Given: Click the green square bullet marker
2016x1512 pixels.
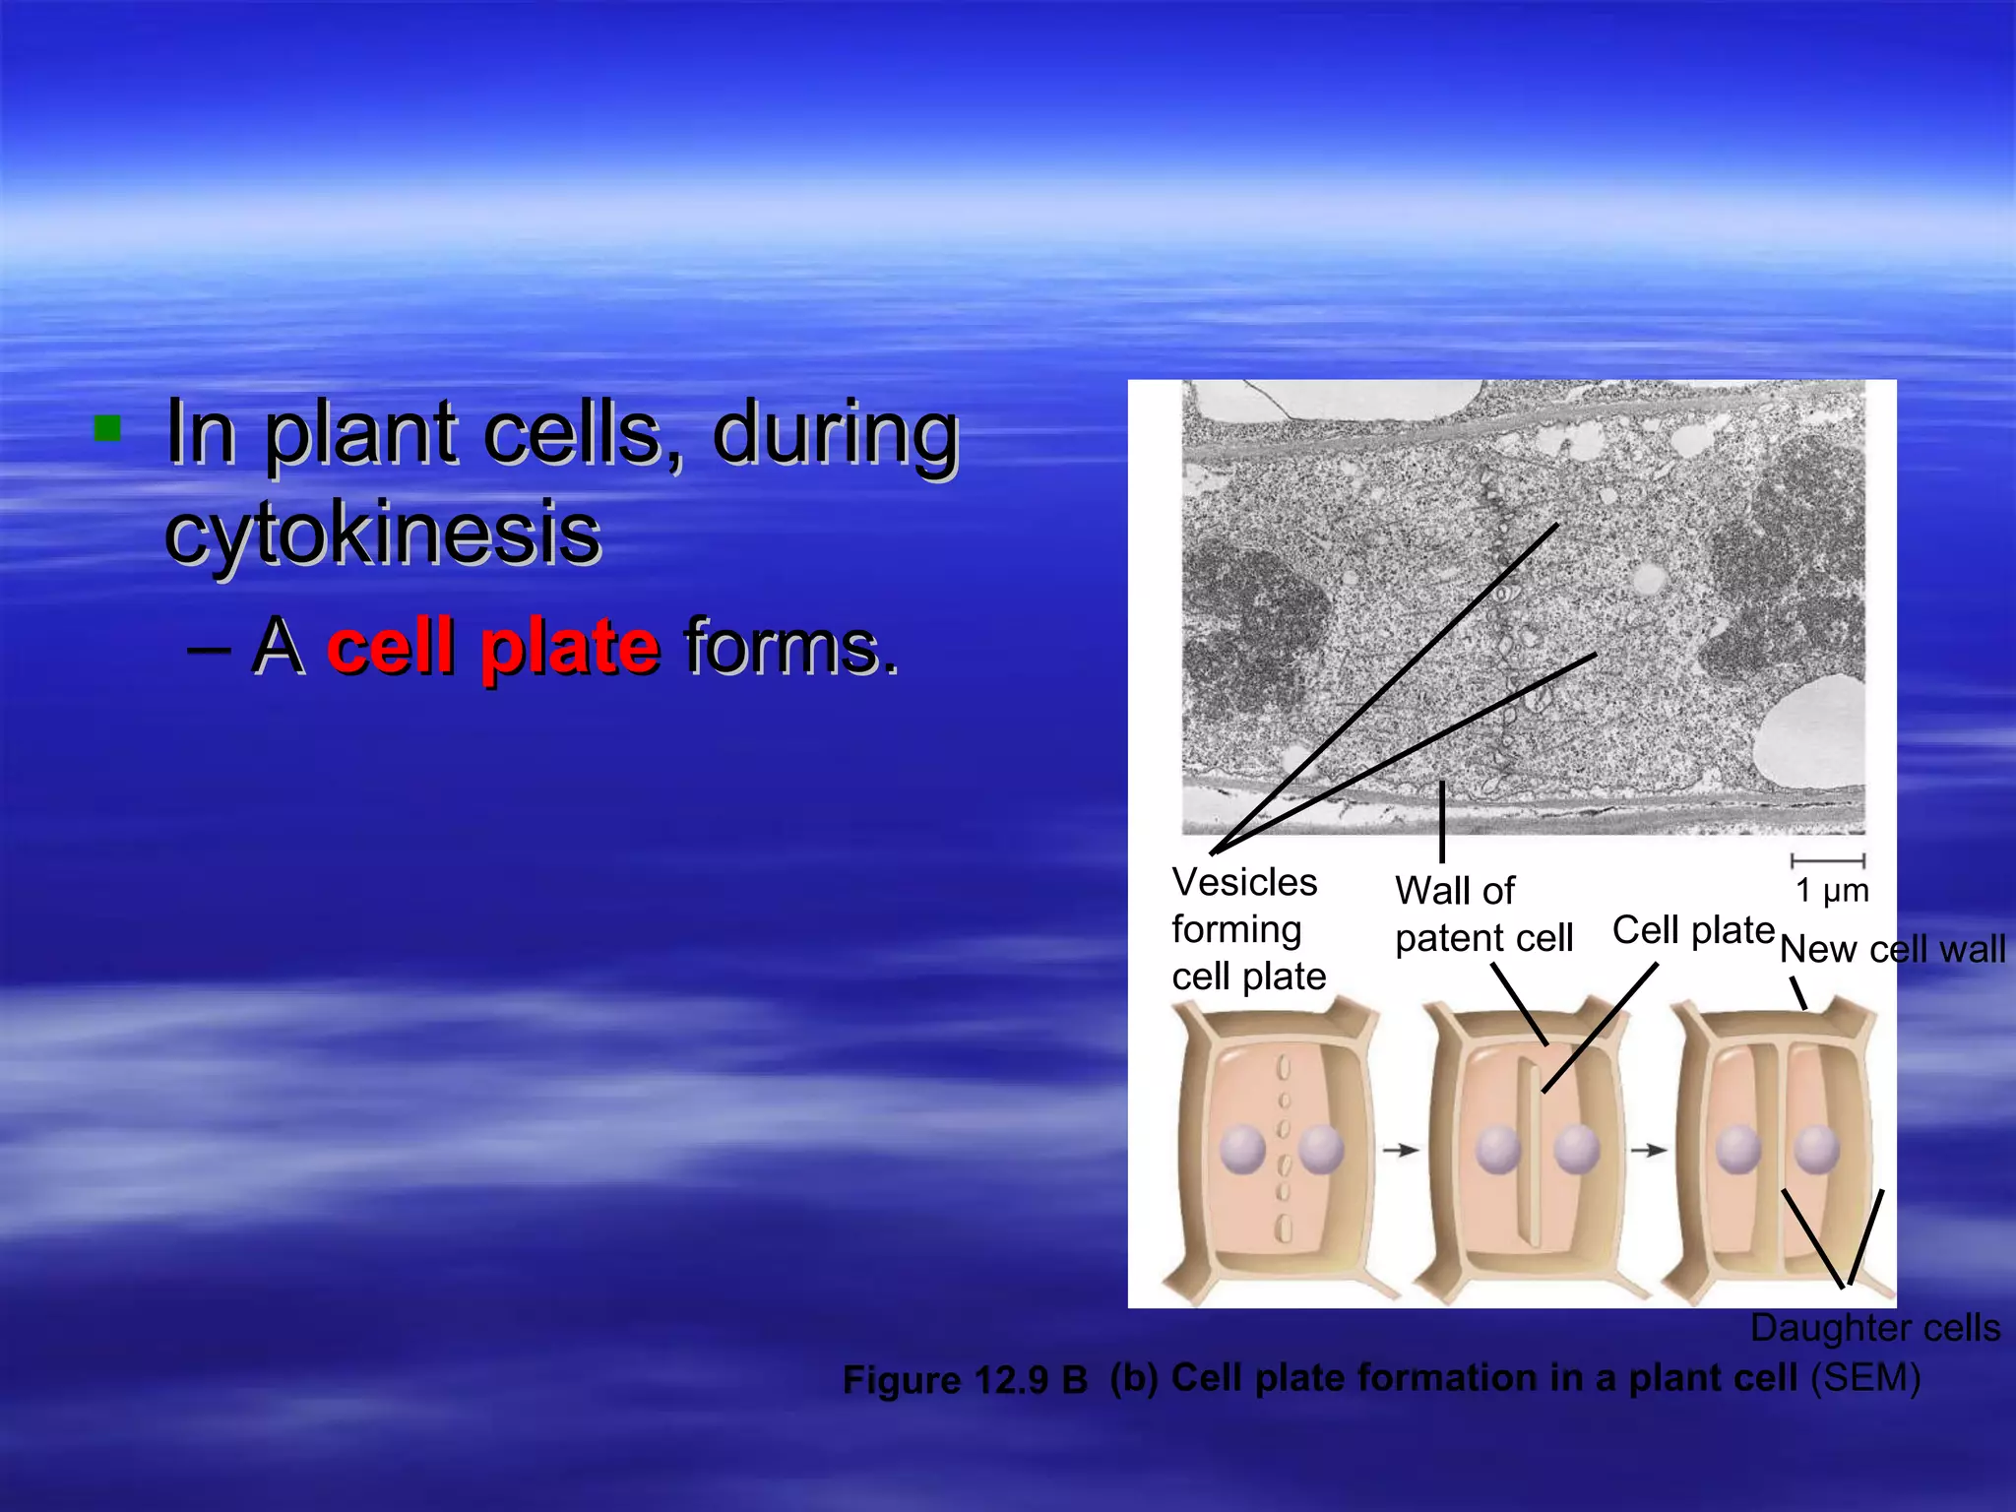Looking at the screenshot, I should (107, 429).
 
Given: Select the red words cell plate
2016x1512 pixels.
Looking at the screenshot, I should (492, 647).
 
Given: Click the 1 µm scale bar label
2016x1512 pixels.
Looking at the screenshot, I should (1831, 891).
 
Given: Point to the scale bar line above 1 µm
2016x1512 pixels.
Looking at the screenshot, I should (1828, 861).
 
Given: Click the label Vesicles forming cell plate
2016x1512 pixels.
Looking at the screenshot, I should (1247, 928).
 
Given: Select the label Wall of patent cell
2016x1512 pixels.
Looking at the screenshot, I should (1482, 914).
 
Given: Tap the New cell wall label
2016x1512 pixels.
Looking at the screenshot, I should (1892, 950).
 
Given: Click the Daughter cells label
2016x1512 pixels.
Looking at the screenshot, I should (1874, 1328).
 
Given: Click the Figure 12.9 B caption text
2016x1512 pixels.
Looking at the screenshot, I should (965, 1380).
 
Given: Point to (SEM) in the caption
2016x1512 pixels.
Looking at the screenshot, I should (1865, 1377).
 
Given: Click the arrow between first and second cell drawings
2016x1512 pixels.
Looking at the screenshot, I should (1400, 1150).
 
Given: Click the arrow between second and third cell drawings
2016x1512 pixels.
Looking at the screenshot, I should (1649, 1150).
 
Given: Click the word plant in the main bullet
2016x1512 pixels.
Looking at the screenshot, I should (361, 433).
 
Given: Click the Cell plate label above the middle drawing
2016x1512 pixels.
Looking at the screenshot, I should (1692, 930).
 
